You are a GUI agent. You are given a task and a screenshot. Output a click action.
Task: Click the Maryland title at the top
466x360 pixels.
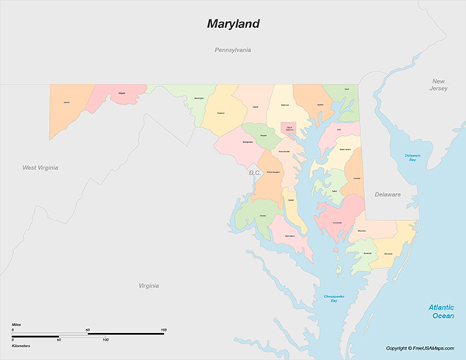pos(233,23)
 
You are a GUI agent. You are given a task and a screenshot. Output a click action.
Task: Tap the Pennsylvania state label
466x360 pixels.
pos(233,50)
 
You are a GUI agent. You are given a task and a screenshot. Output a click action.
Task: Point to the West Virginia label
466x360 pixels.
pos(40,168)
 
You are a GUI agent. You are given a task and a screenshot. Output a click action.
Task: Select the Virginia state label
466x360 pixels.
pos(148,286)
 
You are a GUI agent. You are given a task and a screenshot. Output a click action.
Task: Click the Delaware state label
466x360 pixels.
pos(387,195)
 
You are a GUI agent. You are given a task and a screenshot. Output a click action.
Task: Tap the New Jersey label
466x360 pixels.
pos(440,85)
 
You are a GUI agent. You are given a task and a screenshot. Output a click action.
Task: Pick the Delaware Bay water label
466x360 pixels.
pos(412,158)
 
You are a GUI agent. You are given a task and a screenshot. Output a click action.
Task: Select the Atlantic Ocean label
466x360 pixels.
pos(442,312)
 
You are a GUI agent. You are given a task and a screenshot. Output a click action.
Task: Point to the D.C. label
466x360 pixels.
pos(254,172)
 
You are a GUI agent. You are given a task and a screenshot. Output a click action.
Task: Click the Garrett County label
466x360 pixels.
pos(66,102)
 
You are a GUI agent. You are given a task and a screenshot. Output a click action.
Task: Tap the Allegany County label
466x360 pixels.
pos(121,94)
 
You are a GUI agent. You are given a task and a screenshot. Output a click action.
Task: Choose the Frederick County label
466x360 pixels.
pos(221,112)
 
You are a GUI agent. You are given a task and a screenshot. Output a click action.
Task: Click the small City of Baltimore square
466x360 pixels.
pos(290,127)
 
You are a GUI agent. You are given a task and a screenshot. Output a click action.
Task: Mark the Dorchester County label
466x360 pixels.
pos(337,223)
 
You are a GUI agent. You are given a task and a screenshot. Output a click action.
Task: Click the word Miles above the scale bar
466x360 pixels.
pos(17,324)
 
